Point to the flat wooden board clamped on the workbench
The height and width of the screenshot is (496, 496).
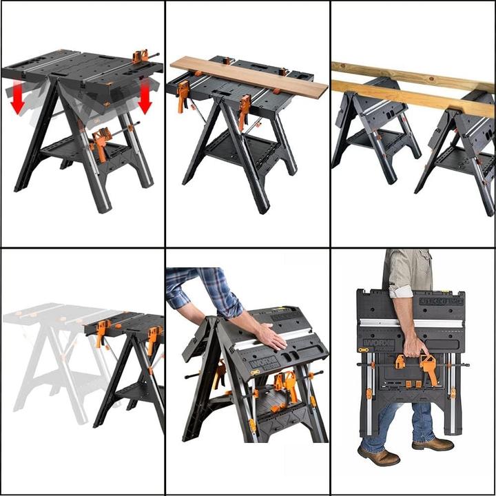coord(248,77)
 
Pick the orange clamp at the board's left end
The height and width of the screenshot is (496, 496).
coord(183,95)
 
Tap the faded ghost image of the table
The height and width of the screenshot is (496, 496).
coord(48,358)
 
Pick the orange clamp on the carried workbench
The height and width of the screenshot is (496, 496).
coord(428,369)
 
